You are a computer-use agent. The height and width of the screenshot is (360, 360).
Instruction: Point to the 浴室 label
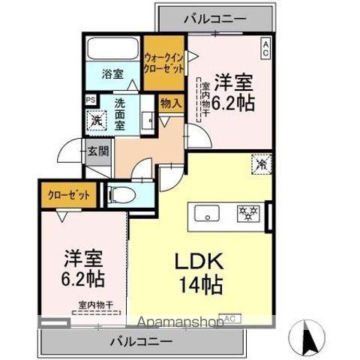click(113, 74)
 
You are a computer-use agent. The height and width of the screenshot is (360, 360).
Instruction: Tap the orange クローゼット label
click(69, 195)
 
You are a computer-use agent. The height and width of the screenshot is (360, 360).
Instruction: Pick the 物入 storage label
click(171, 103)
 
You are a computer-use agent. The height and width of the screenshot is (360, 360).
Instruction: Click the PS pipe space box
click(90, 99)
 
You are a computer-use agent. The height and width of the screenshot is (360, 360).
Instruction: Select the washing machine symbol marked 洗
click(96, 118)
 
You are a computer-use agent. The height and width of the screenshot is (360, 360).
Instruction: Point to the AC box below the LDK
click(229, 319)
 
